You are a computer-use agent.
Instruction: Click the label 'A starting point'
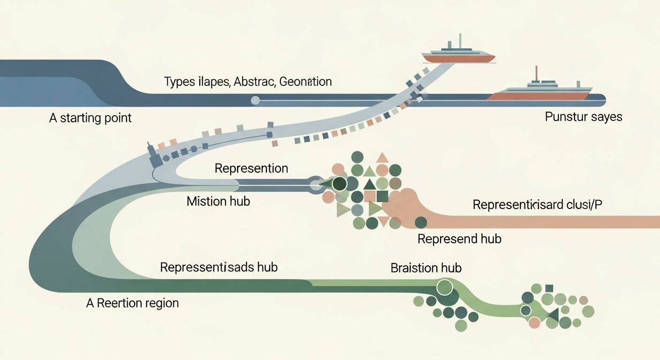(x=90, y=117)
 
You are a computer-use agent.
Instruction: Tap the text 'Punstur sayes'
(x=584, y=116)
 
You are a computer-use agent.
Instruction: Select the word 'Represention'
(x=251, y=168)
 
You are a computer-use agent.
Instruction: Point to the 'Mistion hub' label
(x=218, y=202)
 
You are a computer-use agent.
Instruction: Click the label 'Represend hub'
(x=459, y=239)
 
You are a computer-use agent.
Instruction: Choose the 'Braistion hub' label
(x=426, y=268)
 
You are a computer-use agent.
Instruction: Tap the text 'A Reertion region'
(x=133, y=303)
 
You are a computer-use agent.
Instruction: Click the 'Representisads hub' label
(x=218, y=267)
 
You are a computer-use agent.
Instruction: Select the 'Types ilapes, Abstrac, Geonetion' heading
(x=248, y=82)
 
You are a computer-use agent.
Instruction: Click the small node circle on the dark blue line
(x=255, y=100)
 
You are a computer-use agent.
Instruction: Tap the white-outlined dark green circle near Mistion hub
(x=339, y=184)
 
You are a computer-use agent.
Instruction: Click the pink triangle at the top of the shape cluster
(x=382, y=158)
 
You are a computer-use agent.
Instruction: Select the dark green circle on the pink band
(x=421, y=222)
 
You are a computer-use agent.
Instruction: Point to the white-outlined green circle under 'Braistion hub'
(x=444, y=286)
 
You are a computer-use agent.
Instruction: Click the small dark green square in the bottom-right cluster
(x=549, y=288)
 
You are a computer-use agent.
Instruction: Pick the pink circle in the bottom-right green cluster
(x=534, y=322)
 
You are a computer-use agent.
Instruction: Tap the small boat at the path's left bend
(x=154, y=157)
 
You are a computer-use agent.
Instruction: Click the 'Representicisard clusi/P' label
(x=537, y=205)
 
